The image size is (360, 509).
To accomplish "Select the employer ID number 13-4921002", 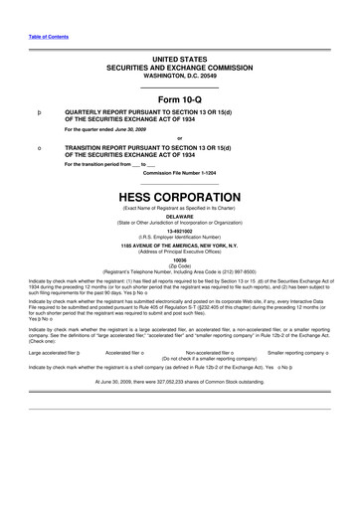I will (179, 233).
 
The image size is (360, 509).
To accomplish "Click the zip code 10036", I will (179, 260).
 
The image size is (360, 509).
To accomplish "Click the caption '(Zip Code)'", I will (179, 265).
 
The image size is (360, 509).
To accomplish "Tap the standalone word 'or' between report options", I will (179, 138).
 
